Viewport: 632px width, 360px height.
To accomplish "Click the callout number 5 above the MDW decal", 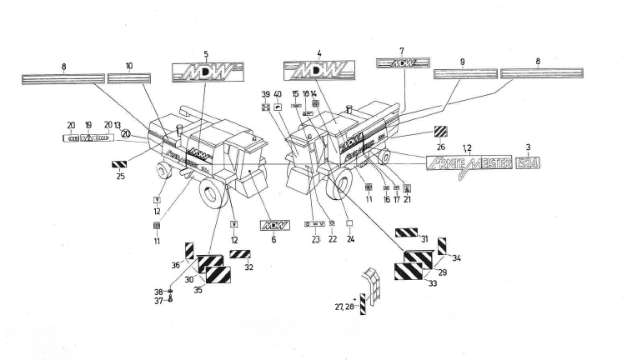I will coord(206,55).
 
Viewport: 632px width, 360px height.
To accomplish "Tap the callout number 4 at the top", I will coord(319,52).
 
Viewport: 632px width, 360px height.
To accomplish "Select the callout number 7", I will coord(402,51).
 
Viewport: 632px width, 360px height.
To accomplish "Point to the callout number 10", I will coord(129,64).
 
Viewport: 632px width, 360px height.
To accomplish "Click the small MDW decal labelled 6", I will coord(273,225).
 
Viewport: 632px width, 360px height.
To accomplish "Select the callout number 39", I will coord(265,93).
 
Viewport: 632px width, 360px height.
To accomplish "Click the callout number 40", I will coord(278,93).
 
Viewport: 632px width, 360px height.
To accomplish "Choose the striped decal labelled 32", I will coord(240,254).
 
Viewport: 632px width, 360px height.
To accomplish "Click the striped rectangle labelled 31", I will coord(406,232).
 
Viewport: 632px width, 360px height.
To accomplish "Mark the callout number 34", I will coord(458,258).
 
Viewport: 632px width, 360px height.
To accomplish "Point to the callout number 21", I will coord(407,199).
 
